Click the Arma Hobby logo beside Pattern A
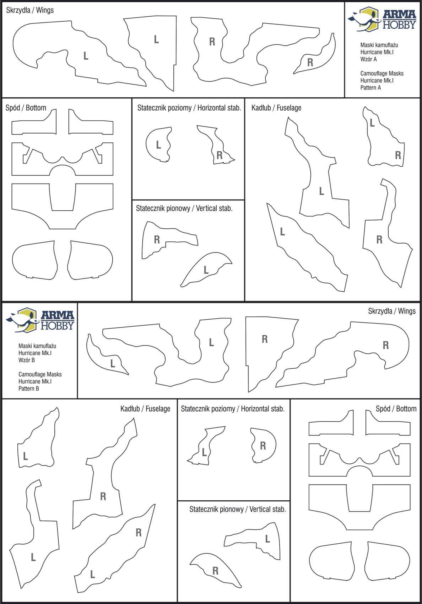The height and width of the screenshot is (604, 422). [382, 19]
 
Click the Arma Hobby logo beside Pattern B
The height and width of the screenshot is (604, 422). [40, 320]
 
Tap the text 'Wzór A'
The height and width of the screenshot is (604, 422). [368, 59]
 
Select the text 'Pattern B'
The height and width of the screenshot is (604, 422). [29, 388]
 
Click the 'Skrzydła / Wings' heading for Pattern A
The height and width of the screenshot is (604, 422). [30, 10]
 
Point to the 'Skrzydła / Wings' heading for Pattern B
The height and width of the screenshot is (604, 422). [392, 311]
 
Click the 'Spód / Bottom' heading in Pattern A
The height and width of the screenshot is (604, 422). [26, 108]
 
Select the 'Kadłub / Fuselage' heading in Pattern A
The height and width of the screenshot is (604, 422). [276, 108]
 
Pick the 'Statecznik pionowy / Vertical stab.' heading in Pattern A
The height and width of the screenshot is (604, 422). [184, 208]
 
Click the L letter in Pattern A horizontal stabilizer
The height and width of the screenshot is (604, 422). [158, 145]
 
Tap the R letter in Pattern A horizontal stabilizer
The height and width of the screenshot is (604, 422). [219, 156]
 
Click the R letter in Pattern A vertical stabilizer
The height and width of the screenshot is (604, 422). [157, 240]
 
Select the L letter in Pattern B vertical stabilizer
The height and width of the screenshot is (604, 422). [267, 539]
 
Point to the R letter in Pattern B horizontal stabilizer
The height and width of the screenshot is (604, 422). [263, 446]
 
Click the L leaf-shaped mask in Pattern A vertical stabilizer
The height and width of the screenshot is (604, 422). [206, 270]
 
